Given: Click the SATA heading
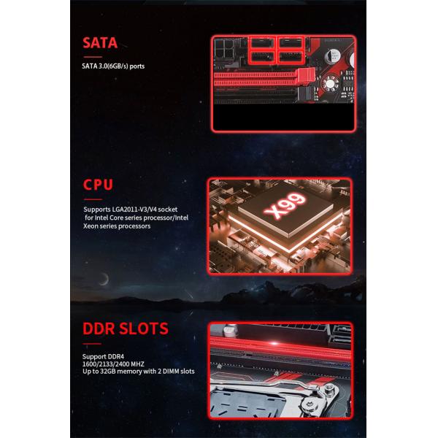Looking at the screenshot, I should [100, 42].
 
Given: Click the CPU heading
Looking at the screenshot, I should [98, 185].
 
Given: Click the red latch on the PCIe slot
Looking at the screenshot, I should [306, 74].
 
